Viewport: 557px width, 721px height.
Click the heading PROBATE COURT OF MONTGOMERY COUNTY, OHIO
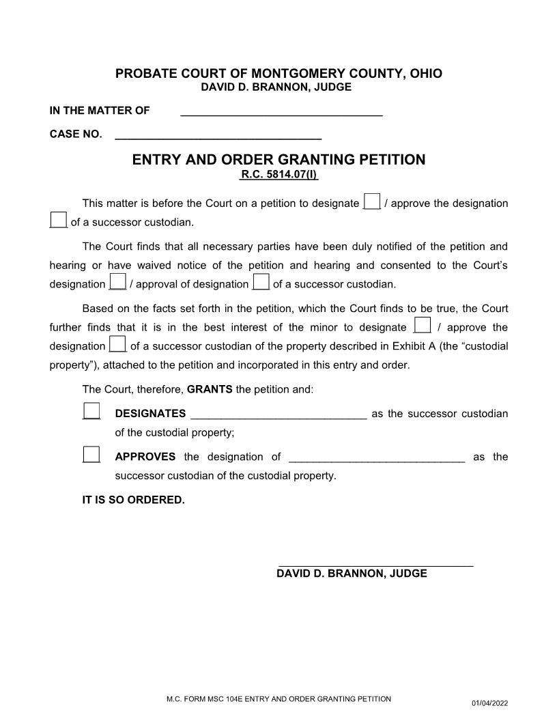point(278,74)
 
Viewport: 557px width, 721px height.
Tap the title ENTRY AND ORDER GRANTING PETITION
point(278,160)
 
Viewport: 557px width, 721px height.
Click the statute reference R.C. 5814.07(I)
point(279,175)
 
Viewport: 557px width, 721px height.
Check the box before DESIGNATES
point(91,411)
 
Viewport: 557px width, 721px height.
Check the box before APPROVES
point(91,455)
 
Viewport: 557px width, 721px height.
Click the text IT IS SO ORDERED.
point(133,500)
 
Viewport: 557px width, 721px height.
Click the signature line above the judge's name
point(375,564)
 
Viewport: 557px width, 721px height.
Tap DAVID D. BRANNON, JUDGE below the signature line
point(352,574)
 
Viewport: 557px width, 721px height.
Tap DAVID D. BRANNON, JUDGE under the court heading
point(276,87)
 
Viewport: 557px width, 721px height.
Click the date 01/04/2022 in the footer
point(489,703)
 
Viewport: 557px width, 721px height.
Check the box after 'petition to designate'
point(371,201)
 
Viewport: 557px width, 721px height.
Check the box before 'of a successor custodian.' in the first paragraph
point(58,220)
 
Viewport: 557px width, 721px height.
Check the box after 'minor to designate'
point(423,325)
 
